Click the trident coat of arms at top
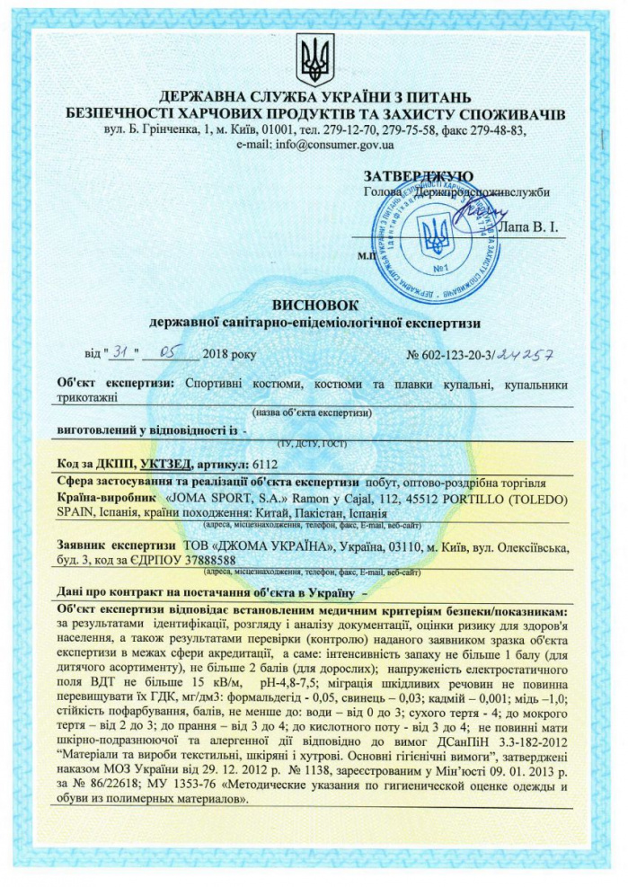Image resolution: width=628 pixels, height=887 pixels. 314,59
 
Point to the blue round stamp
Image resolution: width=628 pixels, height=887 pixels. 438,238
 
